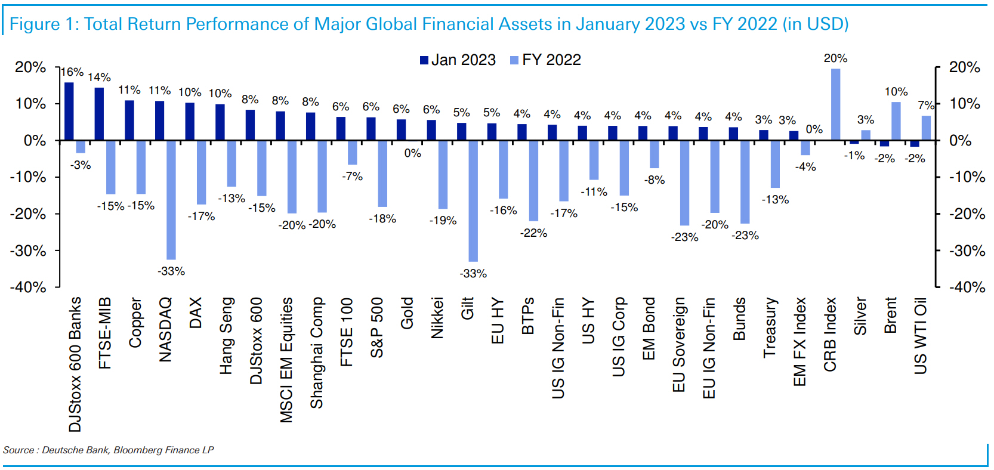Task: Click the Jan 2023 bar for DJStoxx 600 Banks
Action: [69, 112]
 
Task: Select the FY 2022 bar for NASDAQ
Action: [171, 200]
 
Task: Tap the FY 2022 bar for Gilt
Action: [473, 201]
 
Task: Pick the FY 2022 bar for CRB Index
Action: [836, 105]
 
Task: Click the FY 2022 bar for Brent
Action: [896, 121]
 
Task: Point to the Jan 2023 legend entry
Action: [458, 60]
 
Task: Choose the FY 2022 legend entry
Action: [545, 60]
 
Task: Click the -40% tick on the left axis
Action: [28, 287]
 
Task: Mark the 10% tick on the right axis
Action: [965, 104]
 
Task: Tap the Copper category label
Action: [135, 323]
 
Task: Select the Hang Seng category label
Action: [226, 336]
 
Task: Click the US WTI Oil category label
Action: [921, 336]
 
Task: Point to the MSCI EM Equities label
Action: [286, 360]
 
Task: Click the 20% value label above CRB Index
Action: [835, 58]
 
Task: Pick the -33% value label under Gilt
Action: [473, 274]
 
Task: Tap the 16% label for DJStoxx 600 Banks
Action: [72, 72]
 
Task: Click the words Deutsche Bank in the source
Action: [75, 450]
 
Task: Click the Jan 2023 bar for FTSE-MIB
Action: [99, 114]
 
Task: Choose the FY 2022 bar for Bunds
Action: [745, 182]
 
